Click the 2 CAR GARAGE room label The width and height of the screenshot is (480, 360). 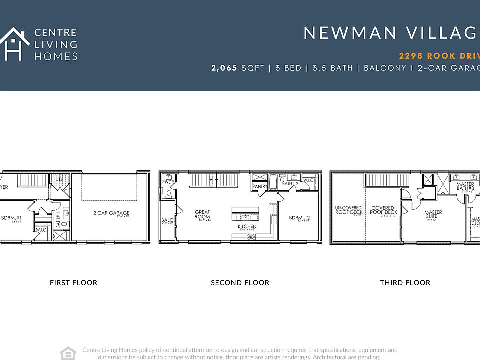point(111,213)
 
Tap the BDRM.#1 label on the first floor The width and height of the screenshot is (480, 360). point(12,218)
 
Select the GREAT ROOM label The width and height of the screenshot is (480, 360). point(202,215)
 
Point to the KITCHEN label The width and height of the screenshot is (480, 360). point(247,227)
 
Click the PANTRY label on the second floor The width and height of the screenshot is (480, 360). point(260,187)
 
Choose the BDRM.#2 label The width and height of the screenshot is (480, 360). point(300,218)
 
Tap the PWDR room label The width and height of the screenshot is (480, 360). point(168,182)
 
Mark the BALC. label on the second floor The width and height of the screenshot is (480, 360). point(167,220)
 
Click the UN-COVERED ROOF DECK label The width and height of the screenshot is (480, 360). point(348,210)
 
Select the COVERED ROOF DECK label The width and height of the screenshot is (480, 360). point(383,210)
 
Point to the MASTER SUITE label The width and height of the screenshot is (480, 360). point(433,214)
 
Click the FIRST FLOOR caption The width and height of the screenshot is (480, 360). point(73,283)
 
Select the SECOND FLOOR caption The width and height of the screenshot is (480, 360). point(240,283)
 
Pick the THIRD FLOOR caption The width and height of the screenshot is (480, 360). point(405,283)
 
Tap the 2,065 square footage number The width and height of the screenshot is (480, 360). point(224,68)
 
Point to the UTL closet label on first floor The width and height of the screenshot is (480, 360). point(59,179)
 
